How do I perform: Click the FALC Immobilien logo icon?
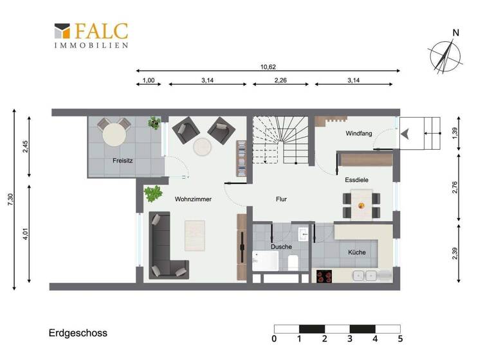[62, 32]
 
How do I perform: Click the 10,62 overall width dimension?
[268, 66]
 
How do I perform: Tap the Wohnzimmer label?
[193, 199]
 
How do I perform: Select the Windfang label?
[358, 134]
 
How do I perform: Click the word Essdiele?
[356, 180]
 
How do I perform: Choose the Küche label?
[356, 252]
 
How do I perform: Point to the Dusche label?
[281, 246]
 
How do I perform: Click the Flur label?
[281, 199]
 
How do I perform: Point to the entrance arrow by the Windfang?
[406, 134]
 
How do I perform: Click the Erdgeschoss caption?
[78, 333]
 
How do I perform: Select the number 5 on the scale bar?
[400, 339]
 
